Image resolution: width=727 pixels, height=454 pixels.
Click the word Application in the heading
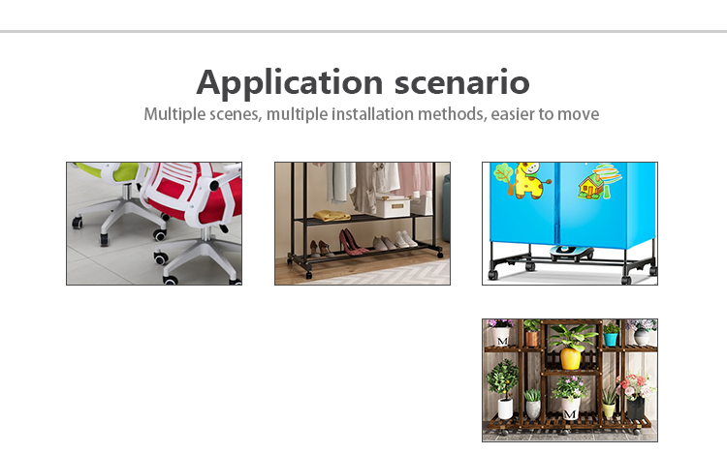289,83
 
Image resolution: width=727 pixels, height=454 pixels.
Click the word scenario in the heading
461,83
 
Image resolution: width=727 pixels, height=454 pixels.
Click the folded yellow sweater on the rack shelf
332,215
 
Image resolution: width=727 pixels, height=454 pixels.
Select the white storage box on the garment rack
393,206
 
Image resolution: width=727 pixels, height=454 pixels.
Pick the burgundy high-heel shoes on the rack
353,242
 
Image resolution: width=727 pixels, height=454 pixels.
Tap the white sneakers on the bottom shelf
402,239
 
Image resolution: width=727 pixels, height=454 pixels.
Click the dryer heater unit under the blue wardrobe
572,254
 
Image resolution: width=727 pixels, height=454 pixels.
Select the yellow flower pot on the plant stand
571,358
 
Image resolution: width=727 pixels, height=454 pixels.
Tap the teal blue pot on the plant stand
611,339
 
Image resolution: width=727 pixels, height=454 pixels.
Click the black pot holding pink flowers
635,408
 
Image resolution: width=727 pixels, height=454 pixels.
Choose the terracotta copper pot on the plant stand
532,339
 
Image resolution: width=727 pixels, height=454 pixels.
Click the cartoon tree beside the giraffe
503,177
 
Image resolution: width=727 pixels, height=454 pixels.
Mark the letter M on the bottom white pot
570,413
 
